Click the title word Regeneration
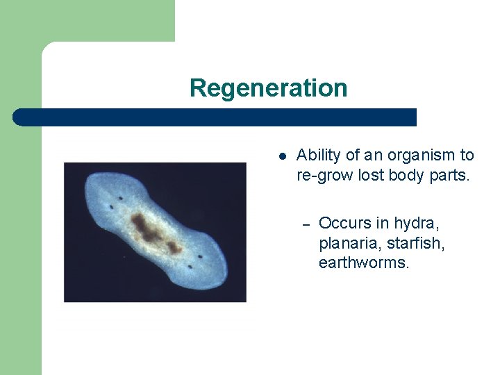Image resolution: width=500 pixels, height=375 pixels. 268,88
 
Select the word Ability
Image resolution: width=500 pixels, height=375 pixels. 317,156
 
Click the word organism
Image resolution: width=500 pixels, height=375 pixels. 419,156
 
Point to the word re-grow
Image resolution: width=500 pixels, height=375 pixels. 325,175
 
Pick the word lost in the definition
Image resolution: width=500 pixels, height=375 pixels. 372,175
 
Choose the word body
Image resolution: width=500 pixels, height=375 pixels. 408,175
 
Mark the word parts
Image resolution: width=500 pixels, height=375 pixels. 449,175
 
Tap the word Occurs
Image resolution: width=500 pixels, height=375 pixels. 344,224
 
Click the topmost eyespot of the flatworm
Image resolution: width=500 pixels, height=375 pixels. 120,198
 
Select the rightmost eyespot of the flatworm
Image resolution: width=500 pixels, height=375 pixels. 201,257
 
